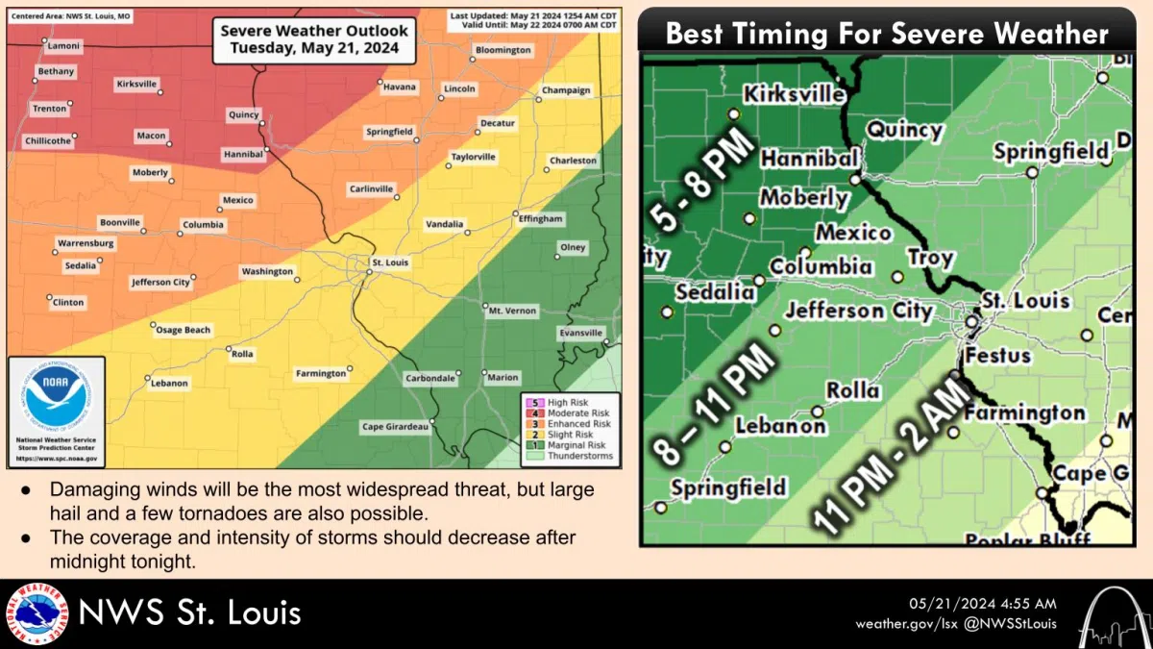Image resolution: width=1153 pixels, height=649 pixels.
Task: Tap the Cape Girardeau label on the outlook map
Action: tap(395, 426)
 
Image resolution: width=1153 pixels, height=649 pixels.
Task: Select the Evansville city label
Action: tap(581, 333)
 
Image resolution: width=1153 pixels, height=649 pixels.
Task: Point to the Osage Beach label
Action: tap(183, 330)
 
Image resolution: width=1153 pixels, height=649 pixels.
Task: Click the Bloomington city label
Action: tap(503, 50)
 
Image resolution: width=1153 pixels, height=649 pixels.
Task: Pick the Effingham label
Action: tap(540, 219)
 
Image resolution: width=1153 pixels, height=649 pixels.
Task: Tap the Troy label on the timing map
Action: tap(930, 258)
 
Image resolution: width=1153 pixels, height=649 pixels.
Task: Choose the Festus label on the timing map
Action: tap(998, 355)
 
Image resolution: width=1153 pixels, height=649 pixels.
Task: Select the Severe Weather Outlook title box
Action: tap(314, 39)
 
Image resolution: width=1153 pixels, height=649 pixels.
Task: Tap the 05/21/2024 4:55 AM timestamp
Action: tap(982, 604)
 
